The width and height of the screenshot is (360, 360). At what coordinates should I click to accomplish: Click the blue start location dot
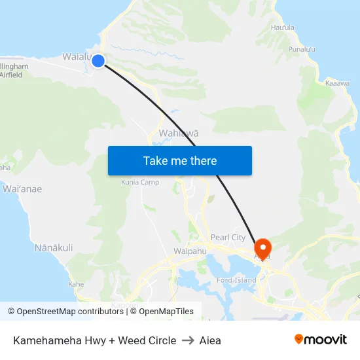point(98,61)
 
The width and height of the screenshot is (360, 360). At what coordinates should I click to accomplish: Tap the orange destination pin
point(262,249)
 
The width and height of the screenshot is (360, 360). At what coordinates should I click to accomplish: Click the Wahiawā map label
point(179,133)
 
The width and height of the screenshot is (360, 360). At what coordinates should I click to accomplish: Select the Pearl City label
point(228,238)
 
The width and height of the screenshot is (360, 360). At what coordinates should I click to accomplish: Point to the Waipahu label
point(190,251)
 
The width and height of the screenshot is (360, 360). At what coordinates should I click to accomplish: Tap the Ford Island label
point(236,281)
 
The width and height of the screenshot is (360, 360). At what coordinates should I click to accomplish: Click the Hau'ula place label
point(283,27)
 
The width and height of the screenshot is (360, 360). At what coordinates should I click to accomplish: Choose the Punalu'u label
point(302,49)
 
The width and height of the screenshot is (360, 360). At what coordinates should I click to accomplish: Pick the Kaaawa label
point(337,83)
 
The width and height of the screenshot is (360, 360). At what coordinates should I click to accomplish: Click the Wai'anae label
point(22,189)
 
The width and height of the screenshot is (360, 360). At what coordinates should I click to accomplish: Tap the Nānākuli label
point(54,247)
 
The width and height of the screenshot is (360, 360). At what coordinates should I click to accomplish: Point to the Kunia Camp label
point(140,182)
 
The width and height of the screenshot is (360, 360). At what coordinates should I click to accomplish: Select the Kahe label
point(76,284)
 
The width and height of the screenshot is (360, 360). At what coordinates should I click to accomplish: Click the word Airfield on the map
point(11,75)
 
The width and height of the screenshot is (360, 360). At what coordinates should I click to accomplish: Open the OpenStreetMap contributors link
point(70,312)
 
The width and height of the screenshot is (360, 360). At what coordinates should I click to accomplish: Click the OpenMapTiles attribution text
point(166,312)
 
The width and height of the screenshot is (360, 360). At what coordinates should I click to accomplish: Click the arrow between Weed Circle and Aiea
point(188,340)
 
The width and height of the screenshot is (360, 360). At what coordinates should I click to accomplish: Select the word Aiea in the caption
point(210,340)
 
